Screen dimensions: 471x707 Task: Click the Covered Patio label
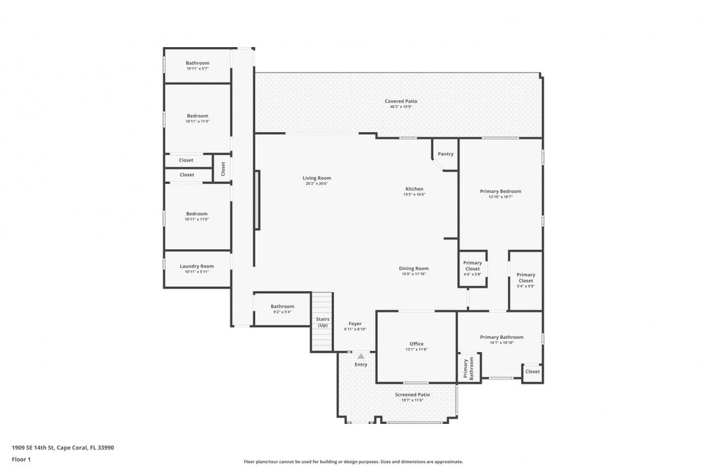point(401,101)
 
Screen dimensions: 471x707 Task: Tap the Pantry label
point(445,154)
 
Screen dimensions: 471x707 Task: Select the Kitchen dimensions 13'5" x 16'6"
point(414,194)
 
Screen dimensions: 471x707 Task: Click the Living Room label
point(316,178)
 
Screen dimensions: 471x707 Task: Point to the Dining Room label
point(414,268)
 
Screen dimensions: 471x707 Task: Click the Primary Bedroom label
point(500,191)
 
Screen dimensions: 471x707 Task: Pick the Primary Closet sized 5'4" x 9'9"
point(526,277)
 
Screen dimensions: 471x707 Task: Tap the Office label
point(416,343)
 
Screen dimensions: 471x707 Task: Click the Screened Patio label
point(412,394)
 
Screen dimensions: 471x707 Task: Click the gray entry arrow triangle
point(361,356)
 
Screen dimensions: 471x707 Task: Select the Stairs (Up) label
point(322,322)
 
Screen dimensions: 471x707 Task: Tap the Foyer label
point(355,324)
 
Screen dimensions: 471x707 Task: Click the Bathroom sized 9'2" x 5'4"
point(282,306)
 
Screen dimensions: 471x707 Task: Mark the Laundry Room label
point(196,266)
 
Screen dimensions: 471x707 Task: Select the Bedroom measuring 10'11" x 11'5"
point(196,116)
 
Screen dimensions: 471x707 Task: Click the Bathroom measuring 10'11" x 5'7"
point(197,63)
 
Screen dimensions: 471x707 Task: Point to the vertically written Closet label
point(223,169)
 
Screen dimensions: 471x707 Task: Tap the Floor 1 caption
point(21,459)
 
